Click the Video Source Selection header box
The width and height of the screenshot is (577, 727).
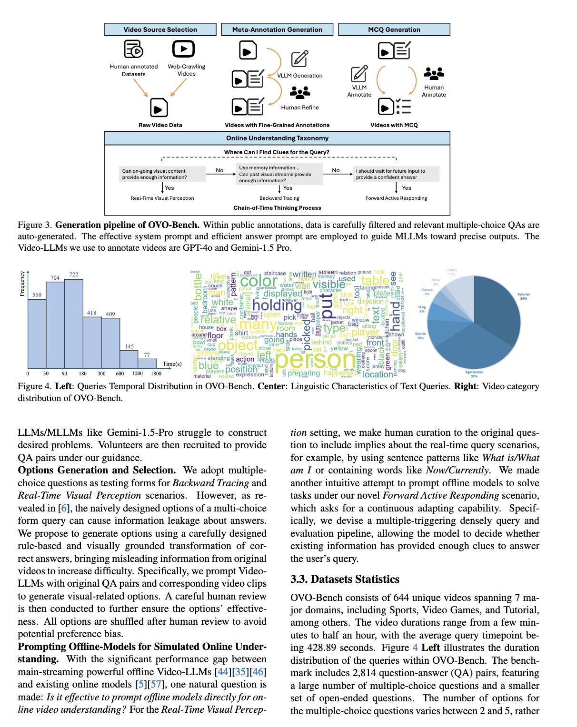pos(160,29)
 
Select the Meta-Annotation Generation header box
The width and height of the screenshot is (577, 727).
pos(277,29)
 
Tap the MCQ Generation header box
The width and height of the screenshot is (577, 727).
pos(394,29)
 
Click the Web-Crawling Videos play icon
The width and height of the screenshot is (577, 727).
pos(183,49)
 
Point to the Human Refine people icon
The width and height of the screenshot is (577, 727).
pos(300,92)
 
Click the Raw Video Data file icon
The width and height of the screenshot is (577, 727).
pos(159,108)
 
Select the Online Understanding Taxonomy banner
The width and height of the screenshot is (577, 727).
pos(277,138)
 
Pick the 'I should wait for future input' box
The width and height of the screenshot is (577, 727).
pos(396,174)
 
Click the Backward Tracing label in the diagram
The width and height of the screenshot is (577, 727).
pos(279,198)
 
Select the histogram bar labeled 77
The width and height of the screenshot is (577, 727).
pos(147,363)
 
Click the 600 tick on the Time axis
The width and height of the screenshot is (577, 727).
pos(119,373)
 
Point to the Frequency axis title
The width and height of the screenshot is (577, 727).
pos(22,284)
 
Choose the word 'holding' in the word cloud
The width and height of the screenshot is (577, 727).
pos(277,305)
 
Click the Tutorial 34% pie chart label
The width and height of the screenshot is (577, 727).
pos(523,296)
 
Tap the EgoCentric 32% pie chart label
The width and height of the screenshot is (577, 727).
pos(474,374)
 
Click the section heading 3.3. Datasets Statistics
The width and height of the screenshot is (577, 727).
pos(345,579)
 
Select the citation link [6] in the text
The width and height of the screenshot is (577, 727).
pos(63,508)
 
